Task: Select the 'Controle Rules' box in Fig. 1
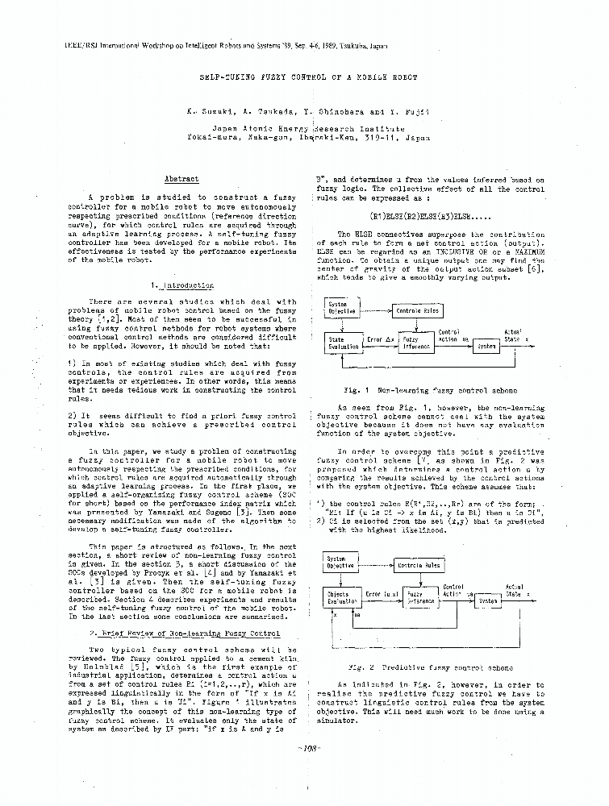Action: click(x=417, y=310)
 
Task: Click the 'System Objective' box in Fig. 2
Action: click(x=342, y=562)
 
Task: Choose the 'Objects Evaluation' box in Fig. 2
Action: click(x=343, y=597)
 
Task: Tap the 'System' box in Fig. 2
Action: click(x=487, y=600)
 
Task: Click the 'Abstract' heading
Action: click(x=181, y=178)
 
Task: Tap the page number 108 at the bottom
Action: click(x=310, y=747)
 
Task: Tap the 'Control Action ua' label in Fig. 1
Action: click(x=448, y=335)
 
